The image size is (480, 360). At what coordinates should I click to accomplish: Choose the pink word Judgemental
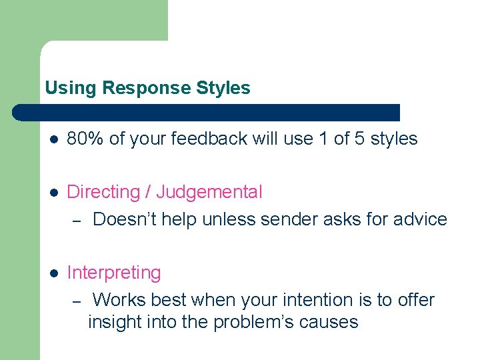[x=209, y=192]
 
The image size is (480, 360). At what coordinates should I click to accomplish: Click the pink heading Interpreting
[x=114, y=273]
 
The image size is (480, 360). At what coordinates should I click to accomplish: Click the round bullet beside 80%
[x=54, y=139]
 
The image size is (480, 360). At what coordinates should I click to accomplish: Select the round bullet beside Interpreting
[x=54, y=273]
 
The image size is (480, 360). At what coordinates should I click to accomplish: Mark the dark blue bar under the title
[x=207, y=112]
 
